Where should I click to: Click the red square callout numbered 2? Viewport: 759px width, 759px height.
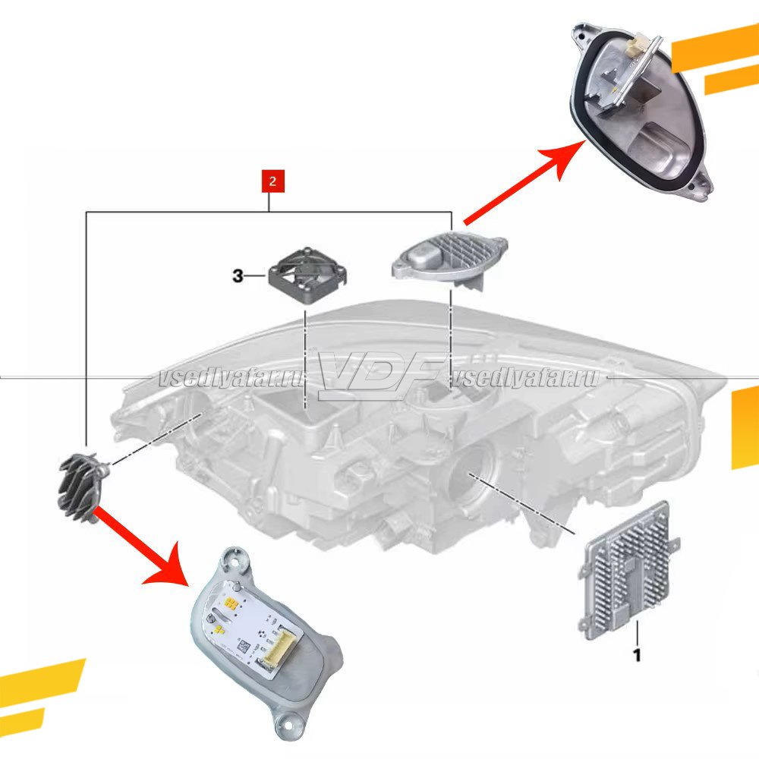click(x=272, y=181)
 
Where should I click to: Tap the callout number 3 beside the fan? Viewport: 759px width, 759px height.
click(x=238, y=276)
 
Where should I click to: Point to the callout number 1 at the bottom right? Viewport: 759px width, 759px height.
click(x=637, y=655)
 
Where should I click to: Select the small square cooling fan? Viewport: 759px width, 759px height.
click(x=307, y=274)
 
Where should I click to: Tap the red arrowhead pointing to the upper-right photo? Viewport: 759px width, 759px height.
click(x=564, y=157)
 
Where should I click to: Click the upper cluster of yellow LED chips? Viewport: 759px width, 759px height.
click(x=231, y=603)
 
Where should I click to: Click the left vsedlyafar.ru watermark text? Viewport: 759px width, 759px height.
click(x=233, y=379)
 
